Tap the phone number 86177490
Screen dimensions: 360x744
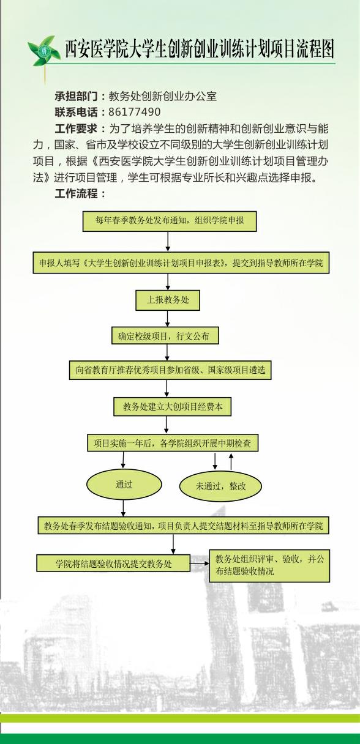(x=134, y=112)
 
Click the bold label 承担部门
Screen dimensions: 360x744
(x=76, y=96)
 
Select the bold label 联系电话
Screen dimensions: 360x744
(x=76, y=112)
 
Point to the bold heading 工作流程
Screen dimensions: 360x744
(x=76, y=193)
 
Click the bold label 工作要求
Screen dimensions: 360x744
(x=76, y=128)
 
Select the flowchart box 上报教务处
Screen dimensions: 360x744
(x=168, y=300)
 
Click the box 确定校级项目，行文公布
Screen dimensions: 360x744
(x=165, y=336)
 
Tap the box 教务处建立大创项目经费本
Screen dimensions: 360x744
(x=173, y=406)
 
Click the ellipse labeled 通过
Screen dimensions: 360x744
(x=124, y=485)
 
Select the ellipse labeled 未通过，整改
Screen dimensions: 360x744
(x=220, y=486)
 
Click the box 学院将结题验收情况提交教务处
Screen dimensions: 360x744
(x=113, y=563)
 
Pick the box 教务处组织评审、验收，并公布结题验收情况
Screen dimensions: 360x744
(x=269, y=565)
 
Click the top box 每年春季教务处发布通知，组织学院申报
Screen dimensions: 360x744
(x=170, y=220)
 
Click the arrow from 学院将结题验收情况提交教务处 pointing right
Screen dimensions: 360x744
(x=200, y=564)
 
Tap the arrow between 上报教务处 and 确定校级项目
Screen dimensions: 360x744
(x=168, y=319)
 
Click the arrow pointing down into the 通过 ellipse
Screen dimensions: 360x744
(x=123, y=460)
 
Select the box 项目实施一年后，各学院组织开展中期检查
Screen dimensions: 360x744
(x=173, y=443)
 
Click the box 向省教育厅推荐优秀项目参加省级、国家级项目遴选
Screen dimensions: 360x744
(x=170, y=370)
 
